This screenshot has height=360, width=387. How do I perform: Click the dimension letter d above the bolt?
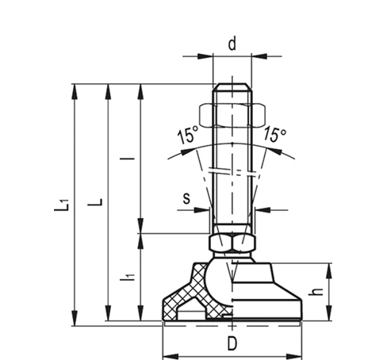point(232,44)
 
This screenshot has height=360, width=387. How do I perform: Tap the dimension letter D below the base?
point(232,344)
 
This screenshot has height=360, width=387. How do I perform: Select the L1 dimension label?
point(62,205)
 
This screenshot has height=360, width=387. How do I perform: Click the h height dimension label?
point(316,292)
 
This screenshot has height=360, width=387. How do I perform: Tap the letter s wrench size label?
point(186,198)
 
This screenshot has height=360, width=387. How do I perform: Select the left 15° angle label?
point(188,135)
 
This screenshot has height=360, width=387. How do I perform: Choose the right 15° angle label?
point(274,134)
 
